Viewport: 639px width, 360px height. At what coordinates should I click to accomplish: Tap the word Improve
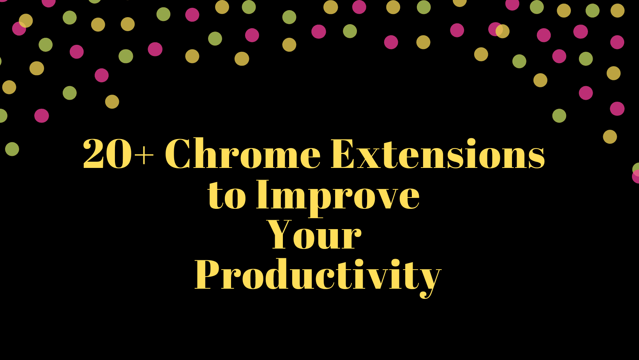(337, 195)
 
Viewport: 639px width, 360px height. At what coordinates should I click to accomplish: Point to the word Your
(314, 235)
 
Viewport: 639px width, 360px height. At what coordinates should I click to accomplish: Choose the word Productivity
(317, 275)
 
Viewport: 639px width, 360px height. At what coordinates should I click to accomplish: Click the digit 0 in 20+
(119, 155)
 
